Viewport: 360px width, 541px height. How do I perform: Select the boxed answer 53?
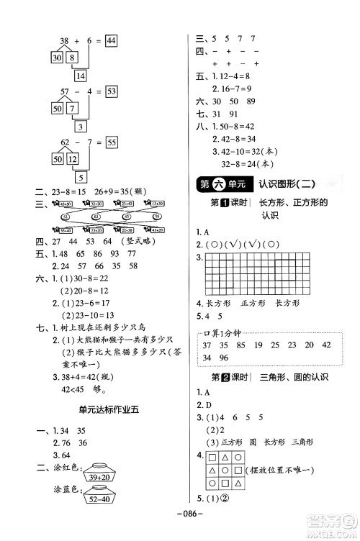pos(110,91)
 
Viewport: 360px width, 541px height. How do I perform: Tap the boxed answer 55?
pos(110,142)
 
